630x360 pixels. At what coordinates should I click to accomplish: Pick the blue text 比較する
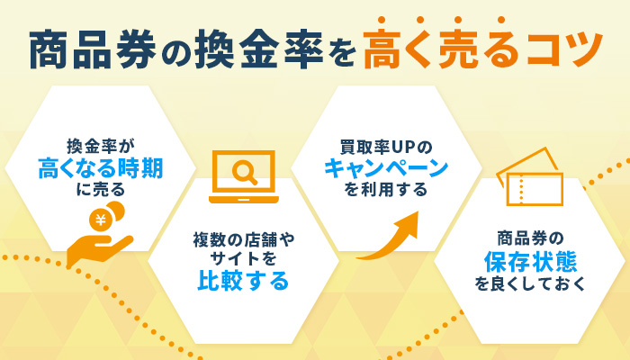pos(243,282)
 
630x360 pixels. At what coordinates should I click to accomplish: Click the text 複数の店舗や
pos(243,240)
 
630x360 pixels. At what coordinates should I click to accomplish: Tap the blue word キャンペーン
pos(386,166)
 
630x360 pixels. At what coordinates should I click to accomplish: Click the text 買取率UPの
pos(386,145)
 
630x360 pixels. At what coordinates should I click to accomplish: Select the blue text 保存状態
pos(530,262)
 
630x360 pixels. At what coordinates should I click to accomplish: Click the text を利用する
pos(386,190)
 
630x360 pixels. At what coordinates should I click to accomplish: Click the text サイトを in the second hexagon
pos(243,259)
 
